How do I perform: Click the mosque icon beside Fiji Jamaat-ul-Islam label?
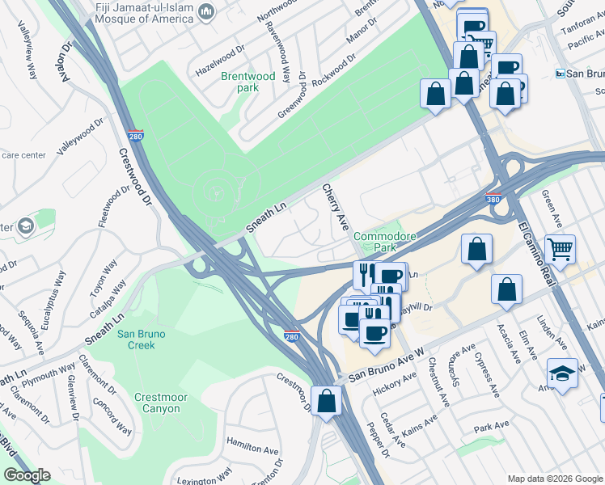pyautogui.click(x=205, y=12)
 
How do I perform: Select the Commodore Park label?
pyautogui.click(x=384, y=242)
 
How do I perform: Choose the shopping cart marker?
pyautogui.click(x=559, y=249)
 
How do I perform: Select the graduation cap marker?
pyautogui.click(x=562, y=373)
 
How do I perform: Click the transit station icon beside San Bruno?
pyautogui.click(x=560, y=74)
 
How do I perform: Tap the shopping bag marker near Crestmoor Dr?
pyautogui.click(x=326, y=400)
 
